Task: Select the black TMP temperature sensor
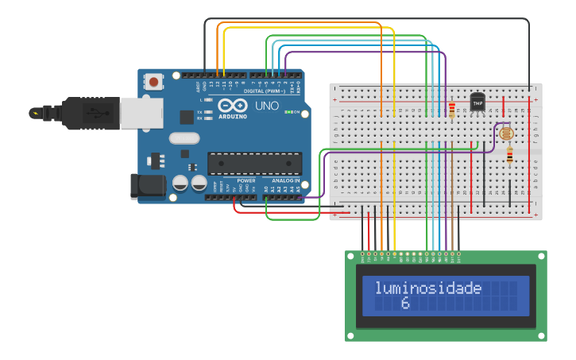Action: [477, 103]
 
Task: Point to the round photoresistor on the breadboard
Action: [506, 134]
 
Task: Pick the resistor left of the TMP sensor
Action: [452, 110]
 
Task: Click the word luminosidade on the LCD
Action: [428, 288]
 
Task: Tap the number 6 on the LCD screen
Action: [404, 304]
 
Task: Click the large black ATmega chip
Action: [254, 163]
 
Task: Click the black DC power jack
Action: [147, 187]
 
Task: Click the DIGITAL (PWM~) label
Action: [264, 91]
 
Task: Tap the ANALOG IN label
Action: [285, 180]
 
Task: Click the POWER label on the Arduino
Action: [246, 180]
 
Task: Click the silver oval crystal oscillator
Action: [184, 138]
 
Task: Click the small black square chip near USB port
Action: [187, 117]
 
